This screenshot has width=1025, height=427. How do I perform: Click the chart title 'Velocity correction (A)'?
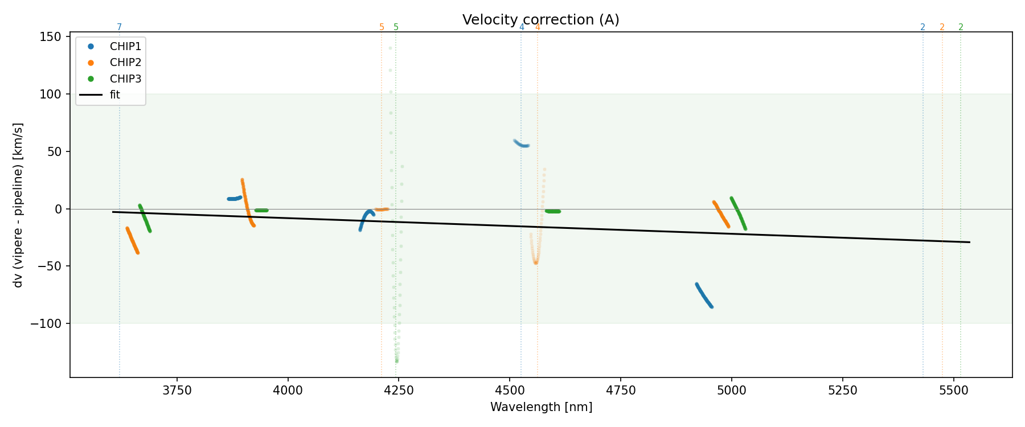(540, 20)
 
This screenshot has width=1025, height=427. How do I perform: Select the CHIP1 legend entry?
(125, 47)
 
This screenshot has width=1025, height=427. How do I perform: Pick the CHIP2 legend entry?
(125, 63)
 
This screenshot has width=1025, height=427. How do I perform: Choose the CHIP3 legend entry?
(125, 79)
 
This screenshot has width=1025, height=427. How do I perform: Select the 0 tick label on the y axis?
(58, 209)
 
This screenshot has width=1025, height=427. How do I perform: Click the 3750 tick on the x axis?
(177, 391)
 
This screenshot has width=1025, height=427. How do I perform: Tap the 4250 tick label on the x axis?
(399, 391)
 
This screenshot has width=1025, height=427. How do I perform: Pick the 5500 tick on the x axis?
(953, 391)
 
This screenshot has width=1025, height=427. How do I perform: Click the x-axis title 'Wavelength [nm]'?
(541, 407)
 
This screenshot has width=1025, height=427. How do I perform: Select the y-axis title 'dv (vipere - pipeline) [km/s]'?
(18, 205)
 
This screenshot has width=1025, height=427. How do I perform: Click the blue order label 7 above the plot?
(119, 27)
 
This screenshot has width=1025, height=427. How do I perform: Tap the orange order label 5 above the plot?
(382, 27)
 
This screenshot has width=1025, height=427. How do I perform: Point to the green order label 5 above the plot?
(396, 27)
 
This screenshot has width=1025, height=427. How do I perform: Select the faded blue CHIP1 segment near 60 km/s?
(521, 144)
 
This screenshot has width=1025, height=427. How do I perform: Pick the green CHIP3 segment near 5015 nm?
(738, 213)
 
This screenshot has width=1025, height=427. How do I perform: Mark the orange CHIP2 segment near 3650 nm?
(132, 240)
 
